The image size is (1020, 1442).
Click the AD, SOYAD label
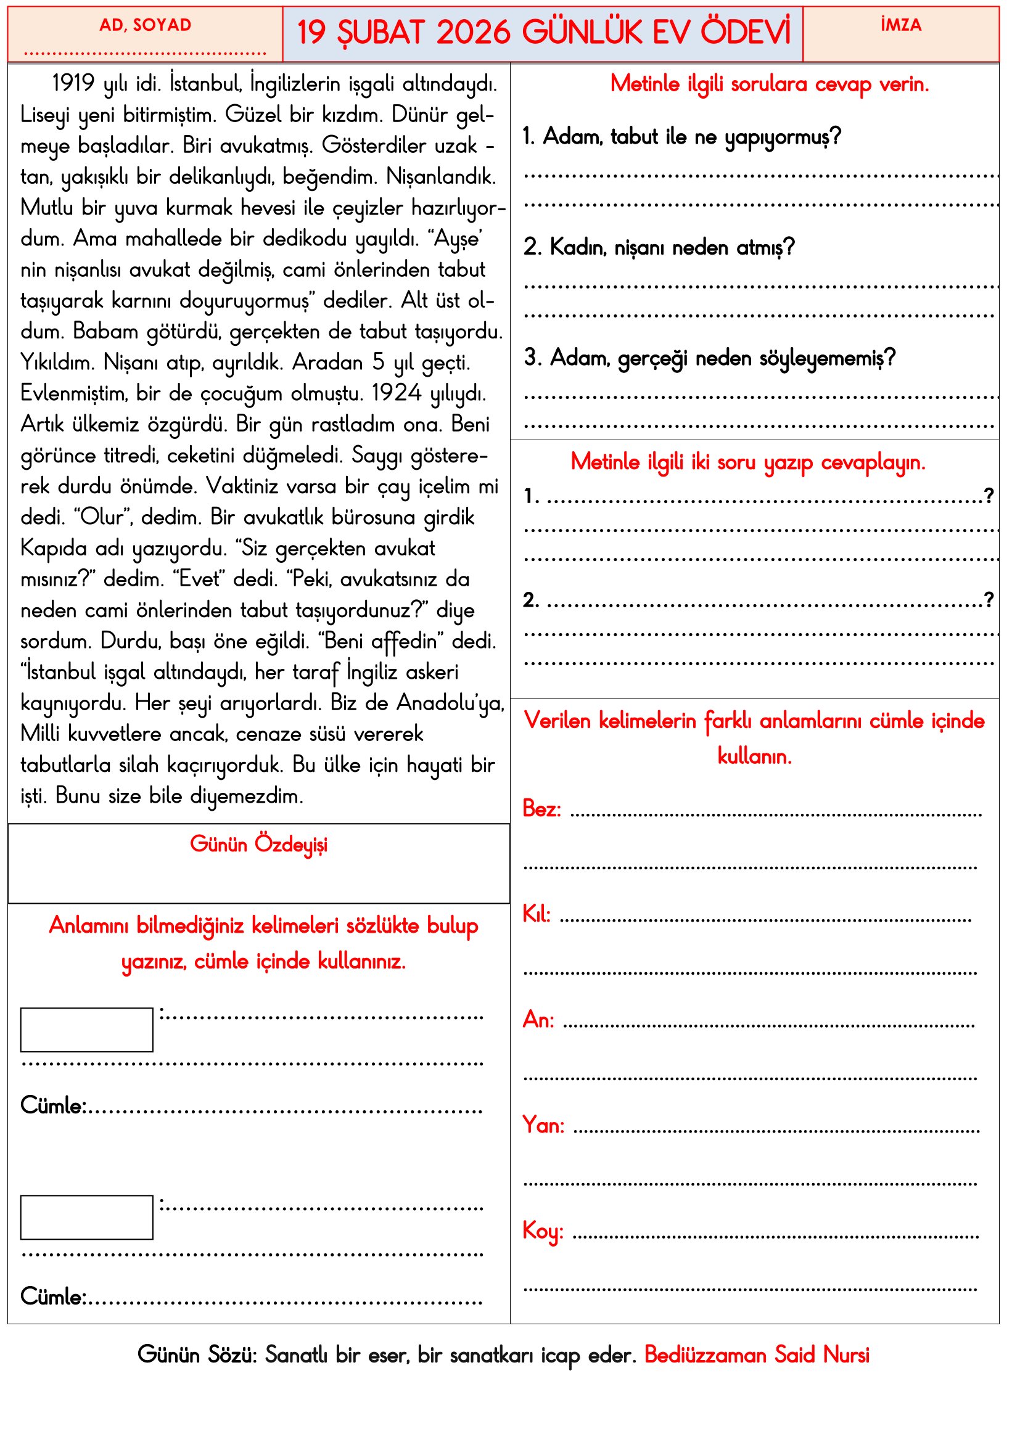click(145, 25)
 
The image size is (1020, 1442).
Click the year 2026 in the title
click(473, 33)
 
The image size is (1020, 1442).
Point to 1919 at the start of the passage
click(73, 83)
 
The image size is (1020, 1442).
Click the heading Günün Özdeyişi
click(259, 845)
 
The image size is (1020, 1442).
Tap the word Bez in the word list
click(541, 809)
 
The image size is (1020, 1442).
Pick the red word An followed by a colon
click(538, 1019)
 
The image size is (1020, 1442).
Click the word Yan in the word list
click(543, 1125)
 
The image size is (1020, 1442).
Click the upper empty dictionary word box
click(87, 1030)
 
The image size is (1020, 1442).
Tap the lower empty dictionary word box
click(87, 1217)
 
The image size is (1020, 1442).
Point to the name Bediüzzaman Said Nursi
click(757, 1354)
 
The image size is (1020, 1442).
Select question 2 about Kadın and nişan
click(659, 247)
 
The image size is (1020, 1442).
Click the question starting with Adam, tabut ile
click(682, 136)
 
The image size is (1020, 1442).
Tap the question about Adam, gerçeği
click(710, 358)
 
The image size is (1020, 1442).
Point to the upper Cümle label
click(53, 1106)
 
